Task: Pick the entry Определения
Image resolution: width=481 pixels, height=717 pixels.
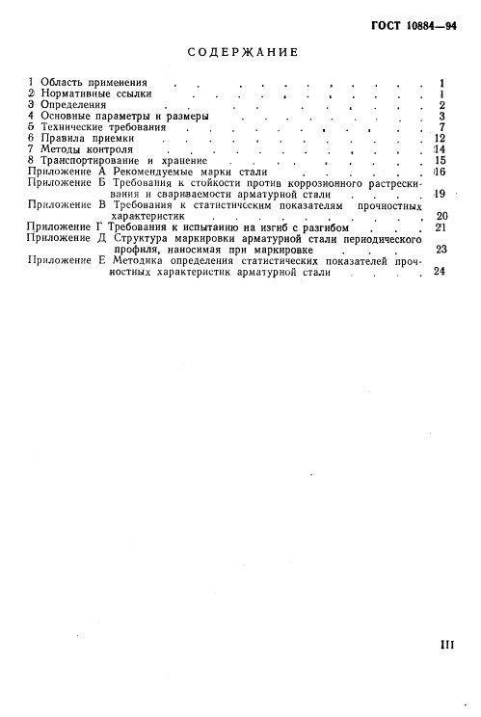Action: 68,105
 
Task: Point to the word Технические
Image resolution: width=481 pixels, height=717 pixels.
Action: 69,127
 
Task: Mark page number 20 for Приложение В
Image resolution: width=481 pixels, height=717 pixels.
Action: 441,217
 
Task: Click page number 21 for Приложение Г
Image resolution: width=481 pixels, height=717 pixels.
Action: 441,227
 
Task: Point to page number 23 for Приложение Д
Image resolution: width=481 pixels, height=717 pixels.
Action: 441,250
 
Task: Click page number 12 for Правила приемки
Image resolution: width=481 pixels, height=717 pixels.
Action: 439,139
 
